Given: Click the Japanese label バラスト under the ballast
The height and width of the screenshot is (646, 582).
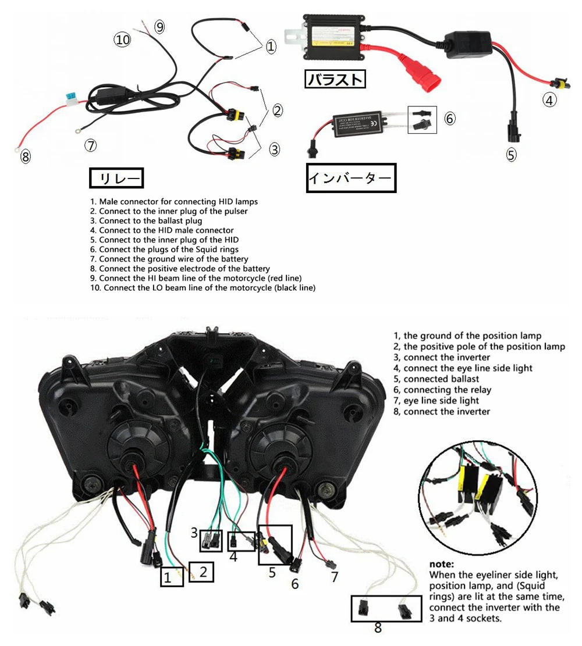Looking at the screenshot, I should click(x=336, y=79).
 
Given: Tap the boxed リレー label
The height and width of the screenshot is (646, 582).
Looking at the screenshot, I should click(x=116, y=179).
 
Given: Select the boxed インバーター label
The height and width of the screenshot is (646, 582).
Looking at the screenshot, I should click(x=350, y=179).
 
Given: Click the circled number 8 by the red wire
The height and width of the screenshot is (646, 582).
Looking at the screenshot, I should click(x=26, y=156).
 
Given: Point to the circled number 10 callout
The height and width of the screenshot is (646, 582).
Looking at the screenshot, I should click(x=122, y=40).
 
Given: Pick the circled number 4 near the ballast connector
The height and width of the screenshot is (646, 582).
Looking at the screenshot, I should click(x=549, y=100).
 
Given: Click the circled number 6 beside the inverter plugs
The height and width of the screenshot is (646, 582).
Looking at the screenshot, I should click(x=449, y=118).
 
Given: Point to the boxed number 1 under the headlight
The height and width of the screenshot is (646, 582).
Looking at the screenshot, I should click(x=168, y=577).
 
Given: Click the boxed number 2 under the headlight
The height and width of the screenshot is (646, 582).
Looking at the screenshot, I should click(x=203, y=572).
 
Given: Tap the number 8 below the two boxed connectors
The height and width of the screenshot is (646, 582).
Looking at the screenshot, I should click(x=378, y=627).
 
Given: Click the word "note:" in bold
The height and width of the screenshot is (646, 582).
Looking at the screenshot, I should click(x=445, y=563).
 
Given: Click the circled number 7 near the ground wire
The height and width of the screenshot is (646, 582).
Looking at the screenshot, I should click(x=90, y=145).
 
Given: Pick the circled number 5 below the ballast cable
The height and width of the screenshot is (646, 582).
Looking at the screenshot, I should click(x=511, y=155).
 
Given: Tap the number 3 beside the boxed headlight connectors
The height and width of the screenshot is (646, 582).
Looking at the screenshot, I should click(x=194, y=532).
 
